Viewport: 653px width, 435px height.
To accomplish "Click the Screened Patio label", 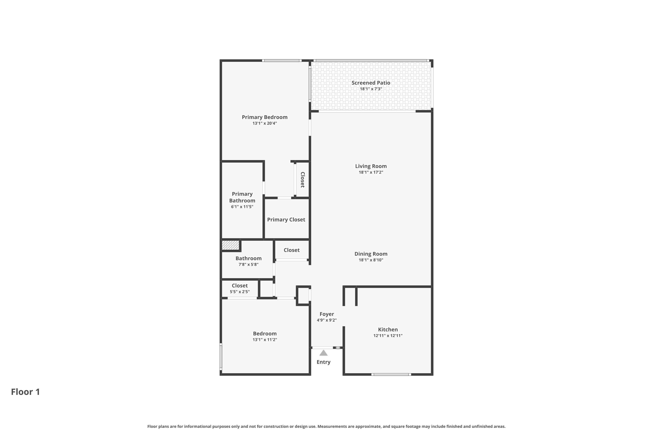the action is (x=371, y=83).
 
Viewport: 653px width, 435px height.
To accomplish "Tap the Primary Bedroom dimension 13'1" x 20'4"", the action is (x=265, y=123).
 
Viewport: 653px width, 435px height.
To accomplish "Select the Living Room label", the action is (x=371, y=166).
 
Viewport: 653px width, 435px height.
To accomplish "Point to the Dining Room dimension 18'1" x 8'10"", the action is (x=371, y=260).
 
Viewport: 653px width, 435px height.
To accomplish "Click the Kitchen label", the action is (x=388, y=330).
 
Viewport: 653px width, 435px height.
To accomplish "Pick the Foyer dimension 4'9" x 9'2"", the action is (x=326, y=320).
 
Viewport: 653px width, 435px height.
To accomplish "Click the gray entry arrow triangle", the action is (x=323, y=353).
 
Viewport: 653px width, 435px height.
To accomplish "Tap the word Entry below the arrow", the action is (x=323, y=362).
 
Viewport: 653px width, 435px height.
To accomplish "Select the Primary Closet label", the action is (x=286, y=220).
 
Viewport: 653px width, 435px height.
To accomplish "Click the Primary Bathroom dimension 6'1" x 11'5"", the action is (x=242, y=207).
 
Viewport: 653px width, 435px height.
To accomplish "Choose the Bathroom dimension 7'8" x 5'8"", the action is (x=249, y=264).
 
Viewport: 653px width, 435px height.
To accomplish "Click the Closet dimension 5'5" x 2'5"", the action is (x=240, y=292).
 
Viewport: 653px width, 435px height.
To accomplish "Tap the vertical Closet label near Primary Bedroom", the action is (x=303, y=180).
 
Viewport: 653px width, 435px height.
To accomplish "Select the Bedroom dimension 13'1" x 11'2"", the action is (x=265, y=340).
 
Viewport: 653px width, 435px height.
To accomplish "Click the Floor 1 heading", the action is (x=25, y=392).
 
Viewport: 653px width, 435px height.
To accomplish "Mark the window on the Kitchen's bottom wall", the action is (x=391, y=375).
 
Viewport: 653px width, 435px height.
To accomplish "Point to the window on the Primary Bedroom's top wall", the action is (x=281, y=60).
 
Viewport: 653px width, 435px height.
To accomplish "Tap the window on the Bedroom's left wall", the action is (x=221, y=356).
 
